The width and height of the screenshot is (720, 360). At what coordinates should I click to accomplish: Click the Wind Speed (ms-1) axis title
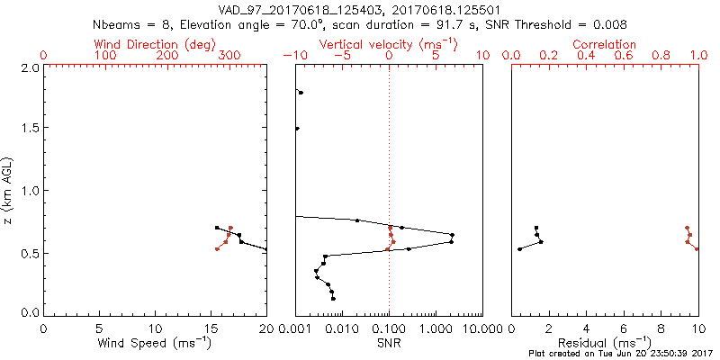pos(155,343)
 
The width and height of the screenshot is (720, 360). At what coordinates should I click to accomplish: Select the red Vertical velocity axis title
pos(388,44)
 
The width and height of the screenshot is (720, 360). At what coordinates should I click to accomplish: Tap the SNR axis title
pos(389,343)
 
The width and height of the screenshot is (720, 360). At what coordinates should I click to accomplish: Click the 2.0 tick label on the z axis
pos(30,67)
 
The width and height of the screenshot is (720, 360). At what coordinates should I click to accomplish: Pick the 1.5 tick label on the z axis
pos(30,129)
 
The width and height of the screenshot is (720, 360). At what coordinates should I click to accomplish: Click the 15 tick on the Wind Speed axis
pos(211,328)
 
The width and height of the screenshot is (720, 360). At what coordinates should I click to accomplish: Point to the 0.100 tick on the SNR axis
pos(389,328)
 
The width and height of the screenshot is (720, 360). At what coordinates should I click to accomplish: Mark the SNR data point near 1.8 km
pos(301,93)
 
